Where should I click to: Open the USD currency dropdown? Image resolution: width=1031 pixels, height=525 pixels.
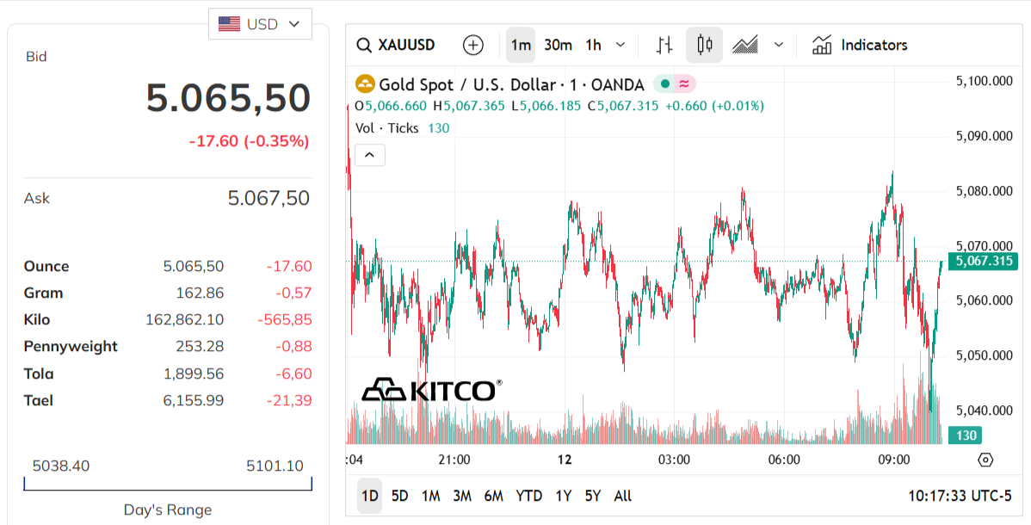pyautogui.click(x=260, y=24)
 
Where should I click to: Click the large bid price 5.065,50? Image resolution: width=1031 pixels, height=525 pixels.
pyautogui.click(x=228, y=98)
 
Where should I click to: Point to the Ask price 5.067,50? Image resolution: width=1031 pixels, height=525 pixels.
pyautogui.click(x=269, y=199)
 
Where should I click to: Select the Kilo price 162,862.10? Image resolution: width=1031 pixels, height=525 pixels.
pyautogui.click(x=184, y=320)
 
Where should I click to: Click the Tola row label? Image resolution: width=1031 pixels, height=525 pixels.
pyautogui.click(x=39, y=374)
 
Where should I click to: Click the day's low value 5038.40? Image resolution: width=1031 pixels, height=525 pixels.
pyautogui.click(x=60, y=466)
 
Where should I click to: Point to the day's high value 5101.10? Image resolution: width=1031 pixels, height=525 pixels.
pyautogui.click(x=275, y=466)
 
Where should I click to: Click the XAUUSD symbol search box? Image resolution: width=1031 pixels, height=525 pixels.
pyautogui.click(x=397, y=45)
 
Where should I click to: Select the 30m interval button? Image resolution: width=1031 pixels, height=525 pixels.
pyautogui.click(x=558, y=45)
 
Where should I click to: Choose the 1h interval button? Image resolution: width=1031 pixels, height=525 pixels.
pyautogui.click(x=594, y=45)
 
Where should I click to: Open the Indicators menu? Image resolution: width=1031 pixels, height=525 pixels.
pyautogui.click(x=860, y=45)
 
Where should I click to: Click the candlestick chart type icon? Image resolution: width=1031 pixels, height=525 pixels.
pyautogui.click(x=704, y=45)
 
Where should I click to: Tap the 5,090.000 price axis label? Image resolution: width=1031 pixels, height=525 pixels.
pyautogui.click(x=984, y=136)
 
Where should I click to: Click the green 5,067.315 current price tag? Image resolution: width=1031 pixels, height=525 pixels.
pyautogui.click(x=983, y=261)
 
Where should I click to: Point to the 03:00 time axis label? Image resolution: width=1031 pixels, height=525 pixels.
pyautogui.click(x=674, y=460)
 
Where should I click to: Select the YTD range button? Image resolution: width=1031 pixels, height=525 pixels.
pyautogui.click(x=528, y=496)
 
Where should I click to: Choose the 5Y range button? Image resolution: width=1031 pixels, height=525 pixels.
pyautogui.click(x=593, y=496)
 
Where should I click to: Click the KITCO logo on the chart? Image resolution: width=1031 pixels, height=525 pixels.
pyautogui.click(x=431, y=390)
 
